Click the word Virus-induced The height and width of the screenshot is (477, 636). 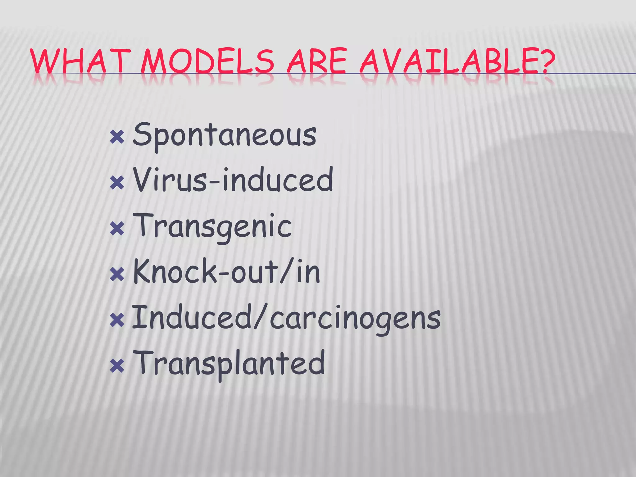[x=233, y=180]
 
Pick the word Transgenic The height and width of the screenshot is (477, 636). [x=212, y=227]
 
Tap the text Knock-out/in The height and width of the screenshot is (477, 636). [x=226, y=272]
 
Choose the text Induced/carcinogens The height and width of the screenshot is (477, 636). [x=286, y=318]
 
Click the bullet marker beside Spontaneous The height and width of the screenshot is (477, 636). [x=117, y=137]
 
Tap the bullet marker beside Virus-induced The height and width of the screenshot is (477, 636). [x=117, y=183]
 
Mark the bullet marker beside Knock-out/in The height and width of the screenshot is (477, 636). [x=117, y=275]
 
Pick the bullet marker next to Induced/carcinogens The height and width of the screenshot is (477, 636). [x=117, y=320]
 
